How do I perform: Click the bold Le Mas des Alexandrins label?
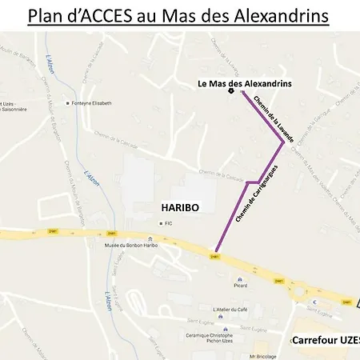(x=245, y=83)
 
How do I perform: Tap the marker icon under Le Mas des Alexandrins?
(x=231, y=90)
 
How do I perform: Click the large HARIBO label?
(x=179, y=207)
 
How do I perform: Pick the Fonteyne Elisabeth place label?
(x=92, y=103)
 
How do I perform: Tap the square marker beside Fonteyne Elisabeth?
(x=67, y=103)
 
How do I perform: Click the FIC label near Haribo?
(x=169, y=224)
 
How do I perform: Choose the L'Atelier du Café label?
(x=232, y=309)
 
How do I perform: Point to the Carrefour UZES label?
(x=325, y=340)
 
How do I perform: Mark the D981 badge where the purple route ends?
(x=214, y=257)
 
